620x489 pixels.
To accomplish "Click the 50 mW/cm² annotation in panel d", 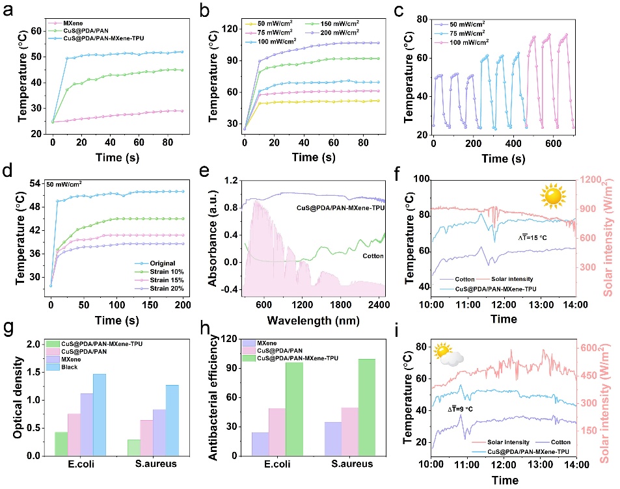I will click(x=63, y=185).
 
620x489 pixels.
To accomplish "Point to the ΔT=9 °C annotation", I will click(x=461, y=408).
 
